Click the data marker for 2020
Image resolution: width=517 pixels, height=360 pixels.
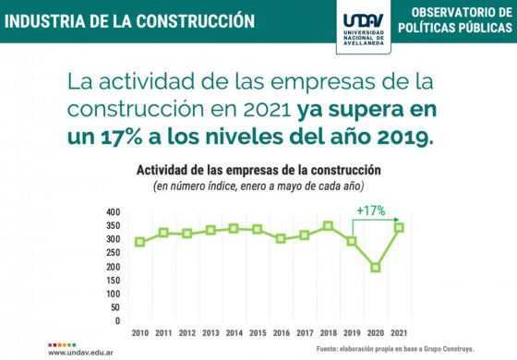(x=376, y=267)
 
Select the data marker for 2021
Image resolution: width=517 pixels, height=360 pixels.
(x=399, y=227)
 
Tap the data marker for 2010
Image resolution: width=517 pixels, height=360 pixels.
(x=139, y=242)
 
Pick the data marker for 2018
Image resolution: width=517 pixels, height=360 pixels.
(x=328, y=226)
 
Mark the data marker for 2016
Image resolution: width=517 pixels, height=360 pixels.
(x=281, y=239)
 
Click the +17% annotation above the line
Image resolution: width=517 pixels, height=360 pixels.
(x=371, y=210)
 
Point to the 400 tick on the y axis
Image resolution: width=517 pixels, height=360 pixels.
(x=114, y=212)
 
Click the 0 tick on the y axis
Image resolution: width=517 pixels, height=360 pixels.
(x=118, y=321)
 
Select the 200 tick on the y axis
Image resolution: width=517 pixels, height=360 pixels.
(x=114, y=267)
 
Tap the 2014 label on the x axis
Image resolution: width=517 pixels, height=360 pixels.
(x=234, y=333)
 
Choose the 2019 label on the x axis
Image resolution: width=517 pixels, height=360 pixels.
(x=352, y=333)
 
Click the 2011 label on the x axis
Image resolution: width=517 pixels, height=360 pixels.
(x=163, y=333)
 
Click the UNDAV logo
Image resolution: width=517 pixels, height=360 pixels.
(x=364, y=28)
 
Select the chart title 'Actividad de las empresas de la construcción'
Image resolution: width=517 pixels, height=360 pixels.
(x=258, y=171)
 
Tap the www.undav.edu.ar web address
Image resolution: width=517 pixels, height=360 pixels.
(x=80, y=353)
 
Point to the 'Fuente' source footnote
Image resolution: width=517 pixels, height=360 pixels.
(x=395, y=349)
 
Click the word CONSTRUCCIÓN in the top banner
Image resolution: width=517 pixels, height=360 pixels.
(x=195, y=21)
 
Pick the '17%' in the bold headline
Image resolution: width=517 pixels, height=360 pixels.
(x=121, y=138)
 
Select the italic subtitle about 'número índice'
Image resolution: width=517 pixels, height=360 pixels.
(x=258, y=186)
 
